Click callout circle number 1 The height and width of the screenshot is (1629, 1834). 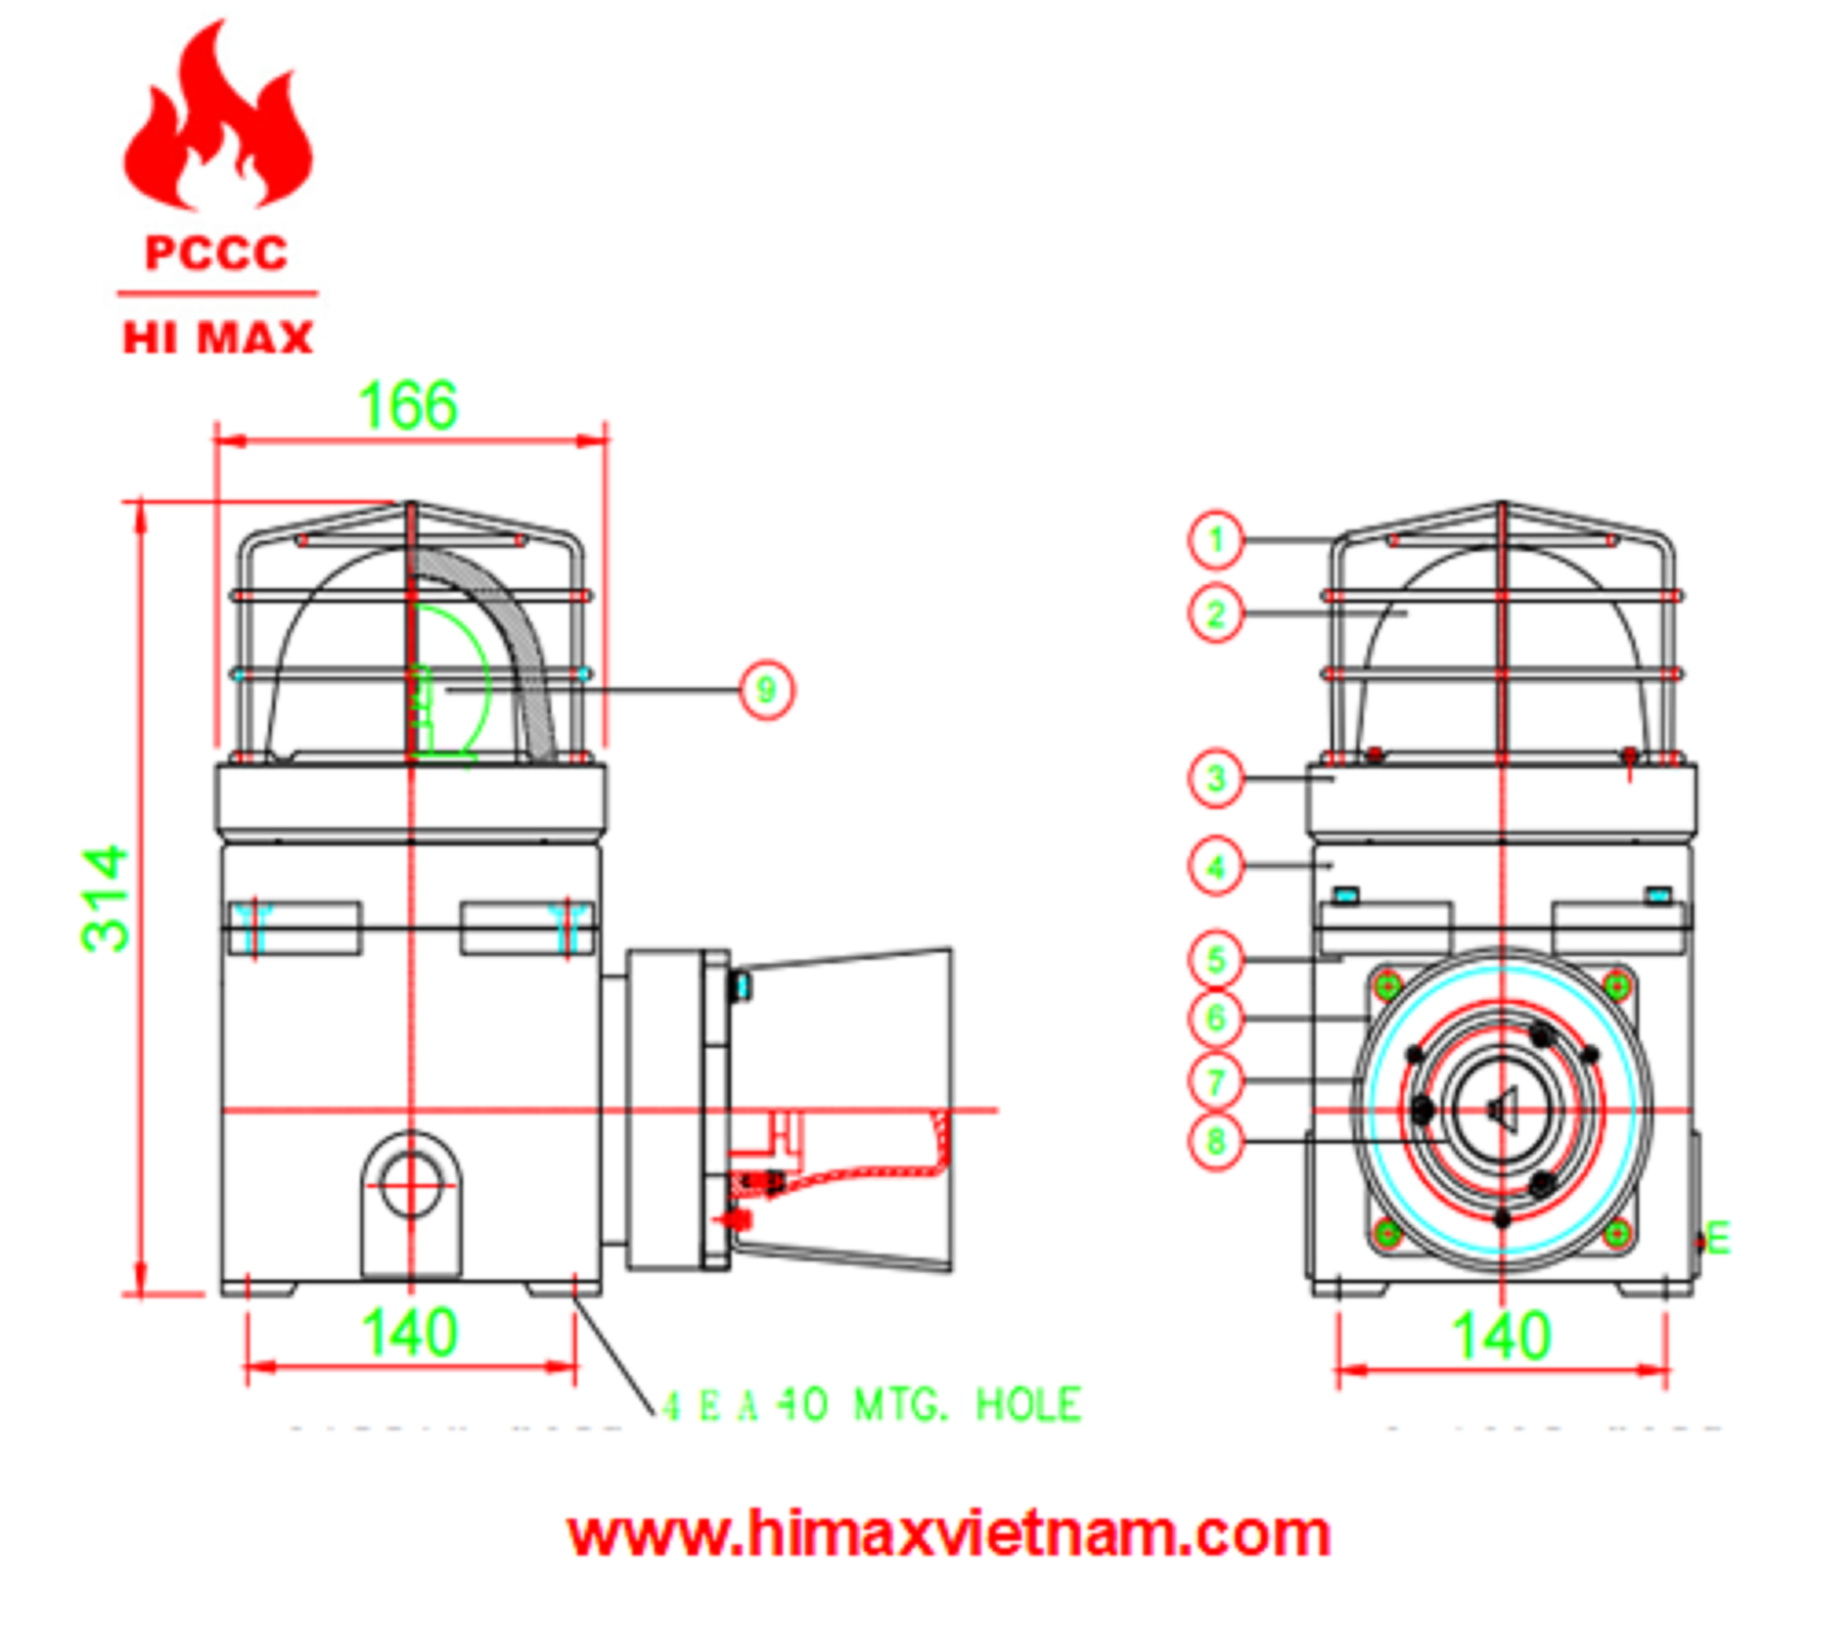point(1216,541)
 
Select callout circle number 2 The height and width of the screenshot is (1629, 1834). point(1216,615)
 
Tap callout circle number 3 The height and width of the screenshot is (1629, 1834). point(1216,778)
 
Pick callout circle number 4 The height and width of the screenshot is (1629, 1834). point(1216,868)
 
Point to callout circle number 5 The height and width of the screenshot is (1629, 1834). point(1216,960)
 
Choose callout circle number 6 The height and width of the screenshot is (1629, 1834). point(1216,1018)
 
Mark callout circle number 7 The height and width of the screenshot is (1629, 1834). point(1216,1082)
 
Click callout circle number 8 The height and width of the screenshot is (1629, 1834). point(1216,1141)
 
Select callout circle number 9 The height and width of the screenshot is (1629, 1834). point(766,690)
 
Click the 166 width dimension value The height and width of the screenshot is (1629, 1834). point(408,406)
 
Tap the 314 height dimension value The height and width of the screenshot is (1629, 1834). point(105,897)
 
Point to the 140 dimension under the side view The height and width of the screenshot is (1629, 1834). point(409,1333)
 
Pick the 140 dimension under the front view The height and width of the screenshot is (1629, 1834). point(1500,1336)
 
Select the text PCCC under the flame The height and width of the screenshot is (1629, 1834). point(216,253)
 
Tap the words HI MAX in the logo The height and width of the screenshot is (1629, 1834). point(218,338)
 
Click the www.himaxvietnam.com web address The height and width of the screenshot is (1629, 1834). point(948,1534)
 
